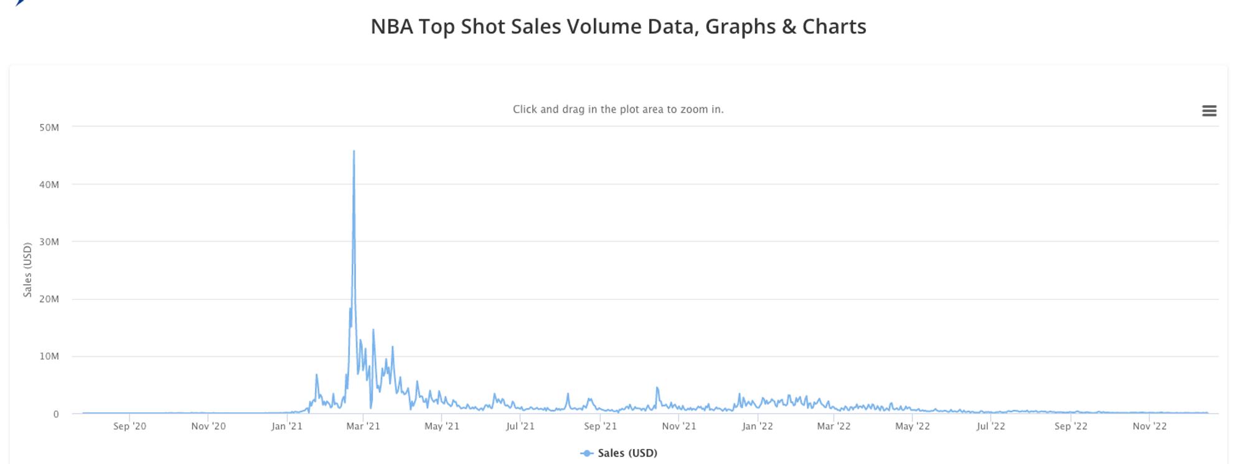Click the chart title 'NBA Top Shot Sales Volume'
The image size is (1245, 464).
pyautogui.click(x=618, y=27)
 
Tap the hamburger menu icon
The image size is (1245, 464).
pyautogui.click(x=1209, y=111)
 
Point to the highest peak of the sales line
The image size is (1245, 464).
pyautogui.click(x=354, y=151)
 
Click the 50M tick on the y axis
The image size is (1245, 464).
pyautogui.click(x=49, y=128)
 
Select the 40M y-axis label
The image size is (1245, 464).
pyautogui.click(x=49, y=185)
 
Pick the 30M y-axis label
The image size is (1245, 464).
pyautogui.click(x=49, y=242)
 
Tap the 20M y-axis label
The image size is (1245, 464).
pyautogui.click(x=49, y=300)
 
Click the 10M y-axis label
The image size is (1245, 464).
pyautogui.click(x=49, y=357)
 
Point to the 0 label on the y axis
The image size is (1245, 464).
pyautogui.click(x=56, y=414)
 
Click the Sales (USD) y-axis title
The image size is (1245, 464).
pyautogui.click(x=27, y=270)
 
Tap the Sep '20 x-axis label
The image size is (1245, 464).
pyautogui.click(x=129, y=427)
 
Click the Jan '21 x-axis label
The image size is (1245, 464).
pyautogui.click(x=286, y=427)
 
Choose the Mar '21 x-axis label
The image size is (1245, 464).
pyautogui.click(x=363, y=427)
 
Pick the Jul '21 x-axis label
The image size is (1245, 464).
pyautogui.click(x=520, y=427)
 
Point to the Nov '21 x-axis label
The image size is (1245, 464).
pyautogui.click(x=679, y=427)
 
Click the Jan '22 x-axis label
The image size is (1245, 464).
pyautogui.click(x=757, y=427)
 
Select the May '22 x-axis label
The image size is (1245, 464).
pyautogui.click(x=912, y=427)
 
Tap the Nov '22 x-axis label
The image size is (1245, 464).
pyautogui.click(x=1149, y=427)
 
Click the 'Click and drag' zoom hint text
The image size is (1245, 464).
pyautogui.click(x=618, y=110)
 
